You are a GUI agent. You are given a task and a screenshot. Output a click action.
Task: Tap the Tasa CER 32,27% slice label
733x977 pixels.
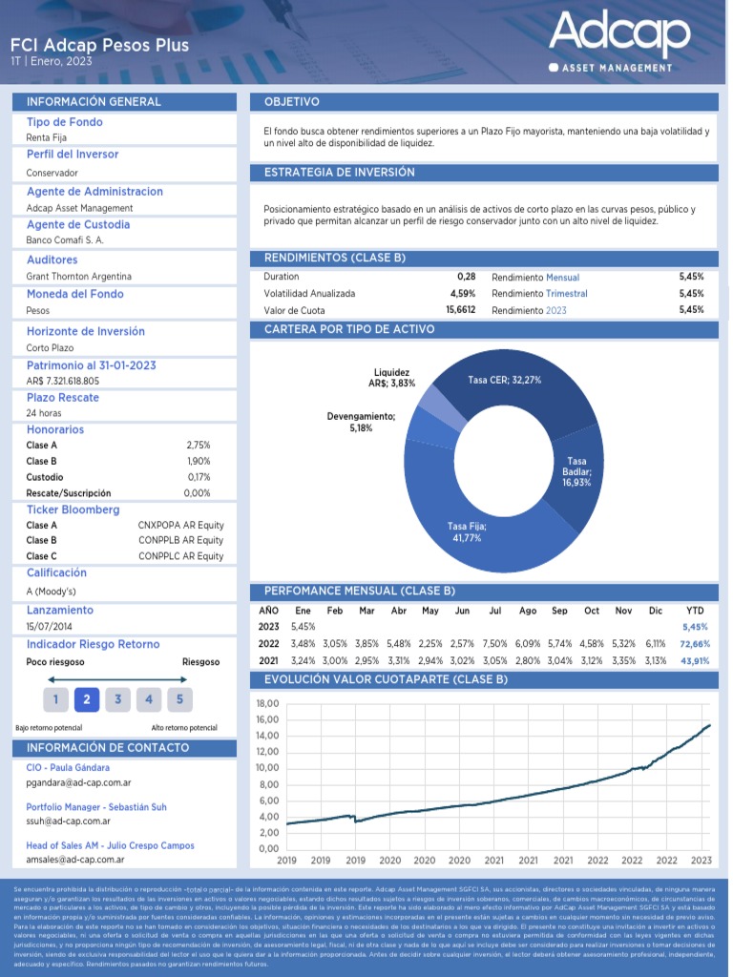(x=505, y=380)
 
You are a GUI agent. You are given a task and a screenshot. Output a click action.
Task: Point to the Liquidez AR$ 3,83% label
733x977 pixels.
(x=392, y=378)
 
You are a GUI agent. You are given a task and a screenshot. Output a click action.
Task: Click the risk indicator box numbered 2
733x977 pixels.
(x=86, y=699)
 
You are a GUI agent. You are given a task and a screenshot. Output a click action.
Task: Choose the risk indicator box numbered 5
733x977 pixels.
(x=179, y=699)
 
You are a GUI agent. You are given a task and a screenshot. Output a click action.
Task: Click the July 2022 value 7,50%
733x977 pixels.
(x=495, y=644)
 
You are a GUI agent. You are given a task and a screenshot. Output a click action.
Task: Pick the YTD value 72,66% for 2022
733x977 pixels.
(x=694, y=644)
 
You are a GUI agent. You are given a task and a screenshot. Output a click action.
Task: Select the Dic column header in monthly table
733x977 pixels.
(x=655, y=611)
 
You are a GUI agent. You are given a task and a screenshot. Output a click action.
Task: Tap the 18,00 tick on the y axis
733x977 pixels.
(x=267, y=703)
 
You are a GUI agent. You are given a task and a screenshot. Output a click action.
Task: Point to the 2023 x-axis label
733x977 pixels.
(x=702, y=860)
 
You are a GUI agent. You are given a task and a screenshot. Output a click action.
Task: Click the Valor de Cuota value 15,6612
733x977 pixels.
(x=460, y=310)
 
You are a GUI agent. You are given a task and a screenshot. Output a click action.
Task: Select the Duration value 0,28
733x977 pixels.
(x=466, y=277)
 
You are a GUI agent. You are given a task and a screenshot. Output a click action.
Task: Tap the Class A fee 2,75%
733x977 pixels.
(x=199, y=446)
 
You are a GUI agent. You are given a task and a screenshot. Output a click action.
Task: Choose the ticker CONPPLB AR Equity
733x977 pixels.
(x=180, y=540)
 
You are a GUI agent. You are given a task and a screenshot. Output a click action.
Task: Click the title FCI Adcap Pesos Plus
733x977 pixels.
(x=99, y=45)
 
